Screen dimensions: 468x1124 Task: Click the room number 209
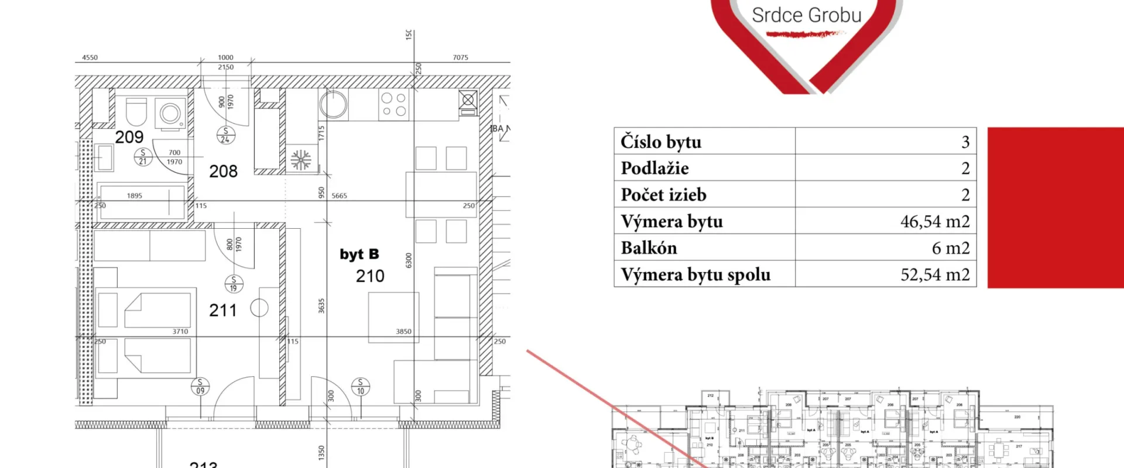coord(129,137)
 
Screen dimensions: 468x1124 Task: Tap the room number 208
coord(224,171)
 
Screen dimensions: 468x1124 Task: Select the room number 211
coord(223,310)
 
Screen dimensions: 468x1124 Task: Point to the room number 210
coord(370,276)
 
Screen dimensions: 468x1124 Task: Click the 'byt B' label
coord(359,254)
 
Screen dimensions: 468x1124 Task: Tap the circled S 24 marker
coord(226,135)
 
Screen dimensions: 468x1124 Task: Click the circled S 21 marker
coord(143,157)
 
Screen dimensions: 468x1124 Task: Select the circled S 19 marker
coord(234,284)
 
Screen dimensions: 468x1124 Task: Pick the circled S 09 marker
coord(200,387)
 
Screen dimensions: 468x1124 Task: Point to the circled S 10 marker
coord(360,387)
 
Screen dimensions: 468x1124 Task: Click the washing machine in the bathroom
coord(170,113)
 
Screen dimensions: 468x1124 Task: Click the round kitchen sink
coord(333,105)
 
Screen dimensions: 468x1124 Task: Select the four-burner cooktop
coord(393,105)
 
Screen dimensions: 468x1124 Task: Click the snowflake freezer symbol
coord(301,160)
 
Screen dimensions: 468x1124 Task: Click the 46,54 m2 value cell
coord(934,222)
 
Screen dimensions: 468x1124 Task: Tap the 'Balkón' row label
coord(649,248)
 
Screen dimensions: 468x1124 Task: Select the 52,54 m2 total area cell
coord(934,274)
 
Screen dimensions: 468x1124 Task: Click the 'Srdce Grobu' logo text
coord(806,15)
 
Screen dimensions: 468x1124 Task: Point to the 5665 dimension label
coord(339,196)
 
